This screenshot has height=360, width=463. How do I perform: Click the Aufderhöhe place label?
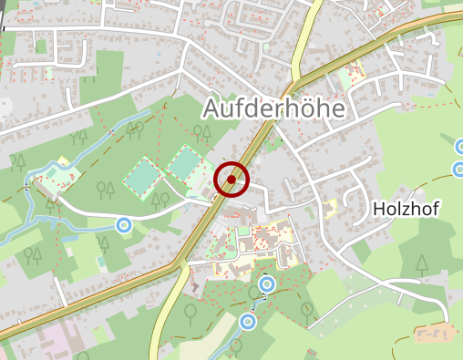[273, 108]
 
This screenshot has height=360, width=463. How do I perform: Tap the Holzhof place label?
[406, 210]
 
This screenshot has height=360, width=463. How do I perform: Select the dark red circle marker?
[231, 180]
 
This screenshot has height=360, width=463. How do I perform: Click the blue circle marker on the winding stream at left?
[124, 224]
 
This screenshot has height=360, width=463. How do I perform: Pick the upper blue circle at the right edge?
[460, 147]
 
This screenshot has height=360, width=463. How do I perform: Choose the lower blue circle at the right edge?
[459, 170]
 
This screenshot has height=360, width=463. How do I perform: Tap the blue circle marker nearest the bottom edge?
[247, 321]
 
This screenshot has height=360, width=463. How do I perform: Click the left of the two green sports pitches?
[140, 177]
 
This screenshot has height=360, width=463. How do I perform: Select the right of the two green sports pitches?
[185, 164]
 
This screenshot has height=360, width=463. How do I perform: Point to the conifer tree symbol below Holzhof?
[421, 264]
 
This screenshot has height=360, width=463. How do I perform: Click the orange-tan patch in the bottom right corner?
[434, 331]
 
